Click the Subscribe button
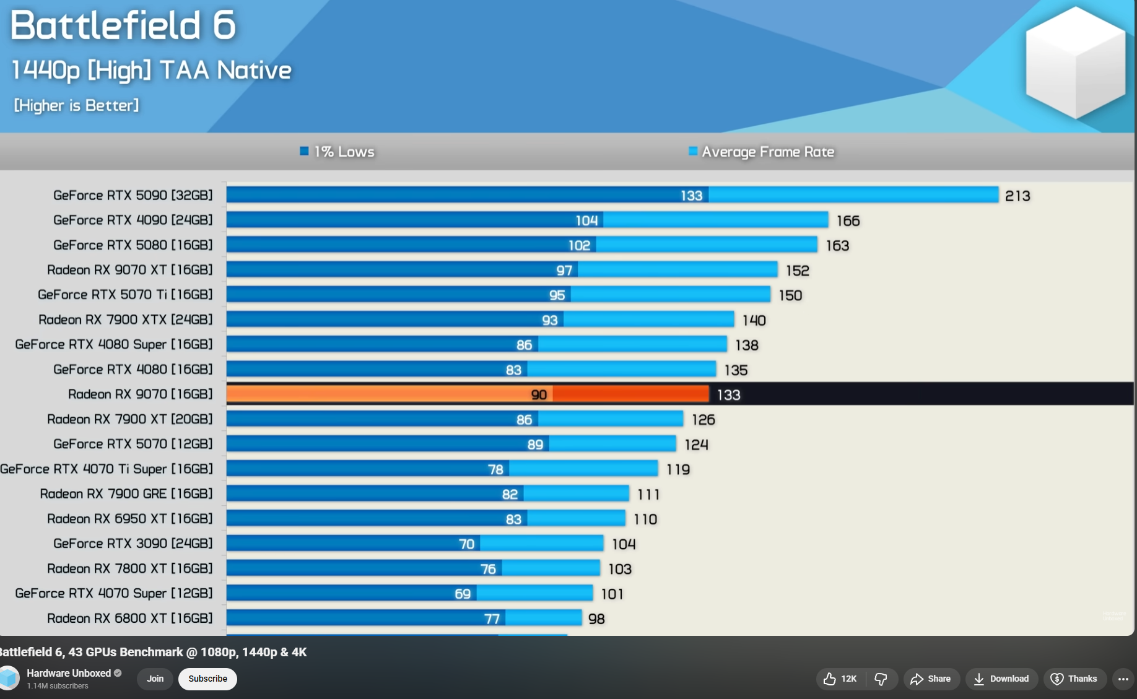click(x=207, y=679)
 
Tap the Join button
click(x=155, y=679)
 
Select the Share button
click(x=931, y=679)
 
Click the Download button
click(x=1001, y=679)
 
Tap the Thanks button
click(x=1074, y=679)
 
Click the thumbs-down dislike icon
click(x=881, y=679)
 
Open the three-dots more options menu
click(x=1123, y=679)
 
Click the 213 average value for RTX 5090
click(x=1017, y=196)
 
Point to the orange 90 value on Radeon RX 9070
click(x=539, y=395)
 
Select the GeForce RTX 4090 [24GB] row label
click(x=133, y=220)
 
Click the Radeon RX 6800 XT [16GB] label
click(x=129, y=618)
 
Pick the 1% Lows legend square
click(x=304, y=151)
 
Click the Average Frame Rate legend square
click(x=693, y=151)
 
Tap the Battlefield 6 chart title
click(x=123, y=26)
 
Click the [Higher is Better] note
click(x=76, y=105)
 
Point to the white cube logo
click(x=1076, y=62)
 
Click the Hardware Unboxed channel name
click(x=69, y=673)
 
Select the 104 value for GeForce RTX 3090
click(x=624, y=544)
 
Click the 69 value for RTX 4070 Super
click(x=463, y=594)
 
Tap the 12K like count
click(x=848, y=679)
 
